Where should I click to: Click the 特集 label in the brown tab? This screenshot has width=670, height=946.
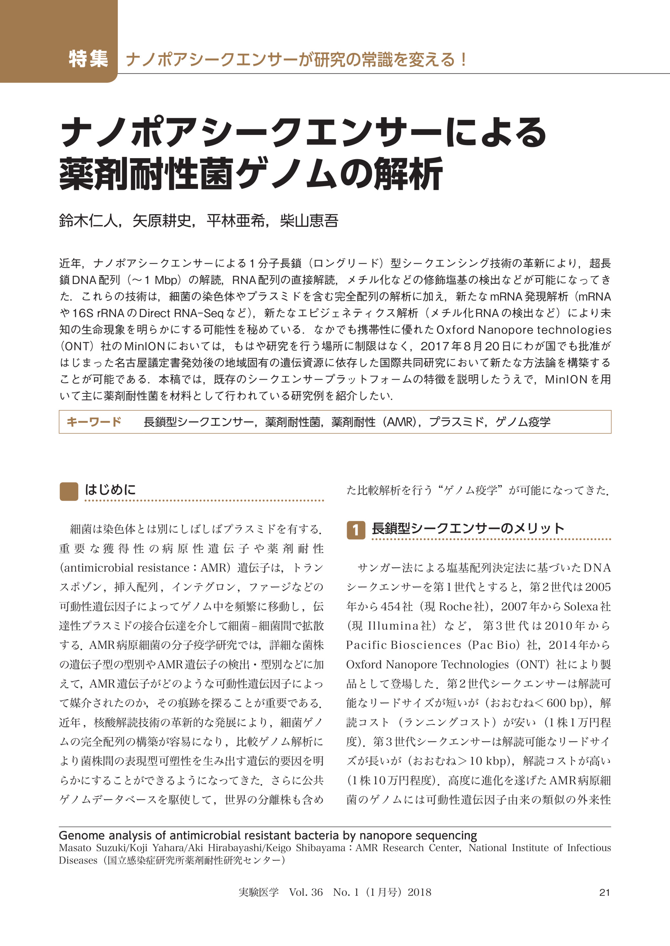pos(88,59)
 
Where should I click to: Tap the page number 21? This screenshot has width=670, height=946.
pos(604,892)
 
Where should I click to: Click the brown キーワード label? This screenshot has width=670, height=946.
pos(94,422)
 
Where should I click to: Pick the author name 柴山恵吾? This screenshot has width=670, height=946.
pos(309,221)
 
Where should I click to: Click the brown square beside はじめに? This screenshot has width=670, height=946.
pos(69,491)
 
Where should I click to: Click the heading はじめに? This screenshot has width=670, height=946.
pos(110,490)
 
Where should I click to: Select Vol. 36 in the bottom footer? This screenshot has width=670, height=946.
pos(306,892)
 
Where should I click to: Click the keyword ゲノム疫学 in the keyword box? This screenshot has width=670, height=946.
pos(523,422)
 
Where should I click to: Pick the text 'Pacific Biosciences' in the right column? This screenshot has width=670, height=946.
pos(403,645)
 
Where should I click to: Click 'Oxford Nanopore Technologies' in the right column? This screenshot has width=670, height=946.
pos(427,665)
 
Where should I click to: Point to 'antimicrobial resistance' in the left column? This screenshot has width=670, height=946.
pos(126,568)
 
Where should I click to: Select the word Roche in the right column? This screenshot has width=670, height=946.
pos(455,606)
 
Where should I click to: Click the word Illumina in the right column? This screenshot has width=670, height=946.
pos(392,626)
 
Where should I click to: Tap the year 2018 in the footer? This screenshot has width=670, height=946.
pos(419,892)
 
